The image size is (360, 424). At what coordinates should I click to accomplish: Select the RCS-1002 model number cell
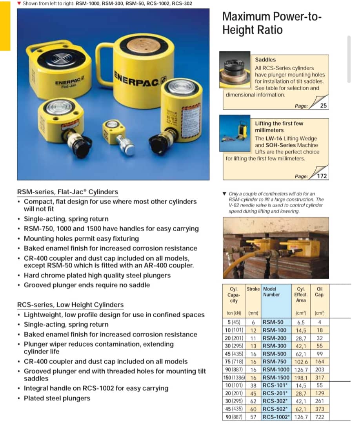276,417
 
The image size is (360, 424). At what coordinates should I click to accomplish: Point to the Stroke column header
253,289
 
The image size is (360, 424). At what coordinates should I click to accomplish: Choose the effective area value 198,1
301,377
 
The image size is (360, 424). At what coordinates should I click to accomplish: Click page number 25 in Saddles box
323,106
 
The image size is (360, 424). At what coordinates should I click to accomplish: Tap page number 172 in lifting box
322,176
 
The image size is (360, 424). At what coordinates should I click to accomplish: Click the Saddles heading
265,60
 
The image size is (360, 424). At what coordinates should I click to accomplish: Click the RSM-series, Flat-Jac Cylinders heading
67,192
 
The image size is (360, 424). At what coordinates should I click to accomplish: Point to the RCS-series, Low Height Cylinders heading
70,305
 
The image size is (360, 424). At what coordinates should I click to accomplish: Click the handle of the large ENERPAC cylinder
103,59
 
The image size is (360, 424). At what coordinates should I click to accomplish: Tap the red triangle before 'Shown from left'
19,3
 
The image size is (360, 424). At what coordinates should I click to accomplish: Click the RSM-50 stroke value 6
253,322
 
